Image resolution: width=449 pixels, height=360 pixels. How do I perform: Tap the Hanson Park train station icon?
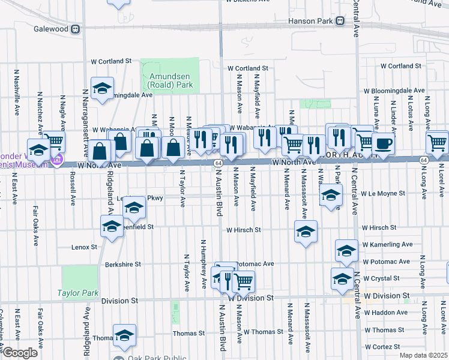(x=340, y=21)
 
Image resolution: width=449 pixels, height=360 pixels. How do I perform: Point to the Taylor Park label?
(x=77, y=293)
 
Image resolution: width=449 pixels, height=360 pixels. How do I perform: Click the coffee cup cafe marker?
(x=383, y=143)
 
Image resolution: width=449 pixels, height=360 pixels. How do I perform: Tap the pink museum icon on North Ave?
(x=57, y=159)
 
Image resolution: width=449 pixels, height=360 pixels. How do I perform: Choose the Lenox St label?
(x=84, y=247)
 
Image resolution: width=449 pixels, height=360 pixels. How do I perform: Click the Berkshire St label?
(x=122, y=264)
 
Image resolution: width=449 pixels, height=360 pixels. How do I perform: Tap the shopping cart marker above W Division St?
(x=243, y=280)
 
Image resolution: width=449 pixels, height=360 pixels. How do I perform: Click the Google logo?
(x=20, y=353)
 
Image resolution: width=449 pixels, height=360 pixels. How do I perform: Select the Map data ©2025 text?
(x=423, y=355)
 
